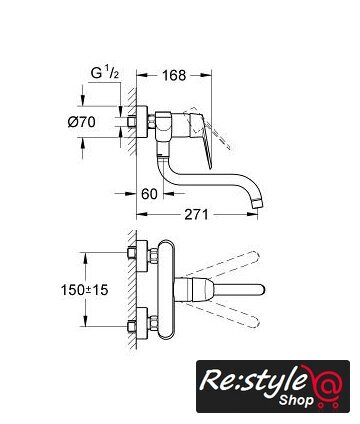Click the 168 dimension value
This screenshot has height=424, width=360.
[x=174, y=75]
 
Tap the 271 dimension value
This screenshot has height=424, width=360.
[x=196, y=214]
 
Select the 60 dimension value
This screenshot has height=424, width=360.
[x=149, y=194]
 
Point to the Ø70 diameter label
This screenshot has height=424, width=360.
[x=81, y=122]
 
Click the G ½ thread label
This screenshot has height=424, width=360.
[x=105, y=73]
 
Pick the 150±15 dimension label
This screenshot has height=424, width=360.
[x=84, y=290]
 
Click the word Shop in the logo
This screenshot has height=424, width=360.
[x=296, y=400]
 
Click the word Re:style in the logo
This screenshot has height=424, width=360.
[x=253, y=380]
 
